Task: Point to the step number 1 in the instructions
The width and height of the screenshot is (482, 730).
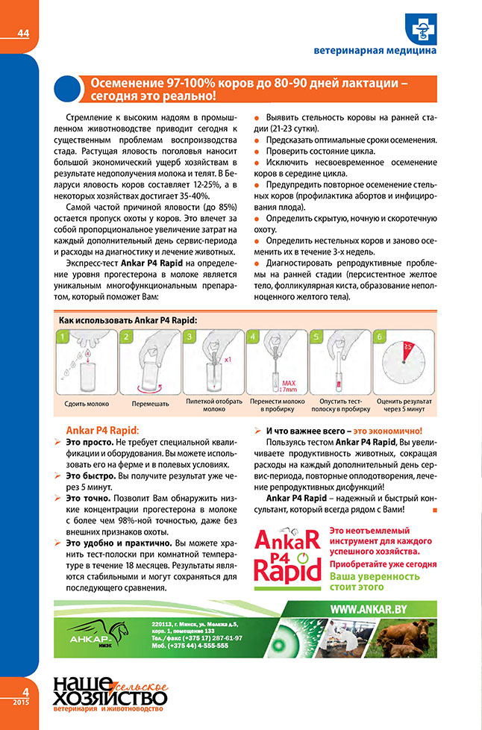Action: coord(64,337)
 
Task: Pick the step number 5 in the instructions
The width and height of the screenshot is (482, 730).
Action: coord(317,337)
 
